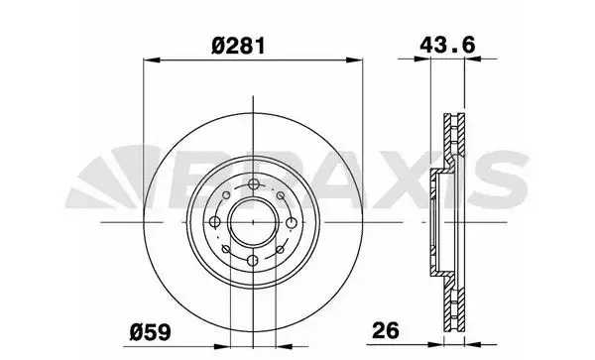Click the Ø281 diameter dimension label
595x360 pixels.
(238, 47)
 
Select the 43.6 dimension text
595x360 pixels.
(447, 46)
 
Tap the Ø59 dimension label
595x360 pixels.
(151, 332)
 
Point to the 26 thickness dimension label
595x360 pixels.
(386, 330)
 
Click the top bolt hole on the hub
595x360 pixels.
(254, 184)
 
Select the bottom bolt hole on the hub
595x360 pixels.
(253, 261)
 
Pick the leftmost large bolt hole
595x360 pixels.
(215, 222)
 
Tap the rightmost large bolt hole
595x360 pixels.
(292, 223)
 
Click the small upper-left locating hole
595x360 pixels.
(226, 195)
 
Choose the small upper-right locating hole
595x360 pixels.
(281, 195)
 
